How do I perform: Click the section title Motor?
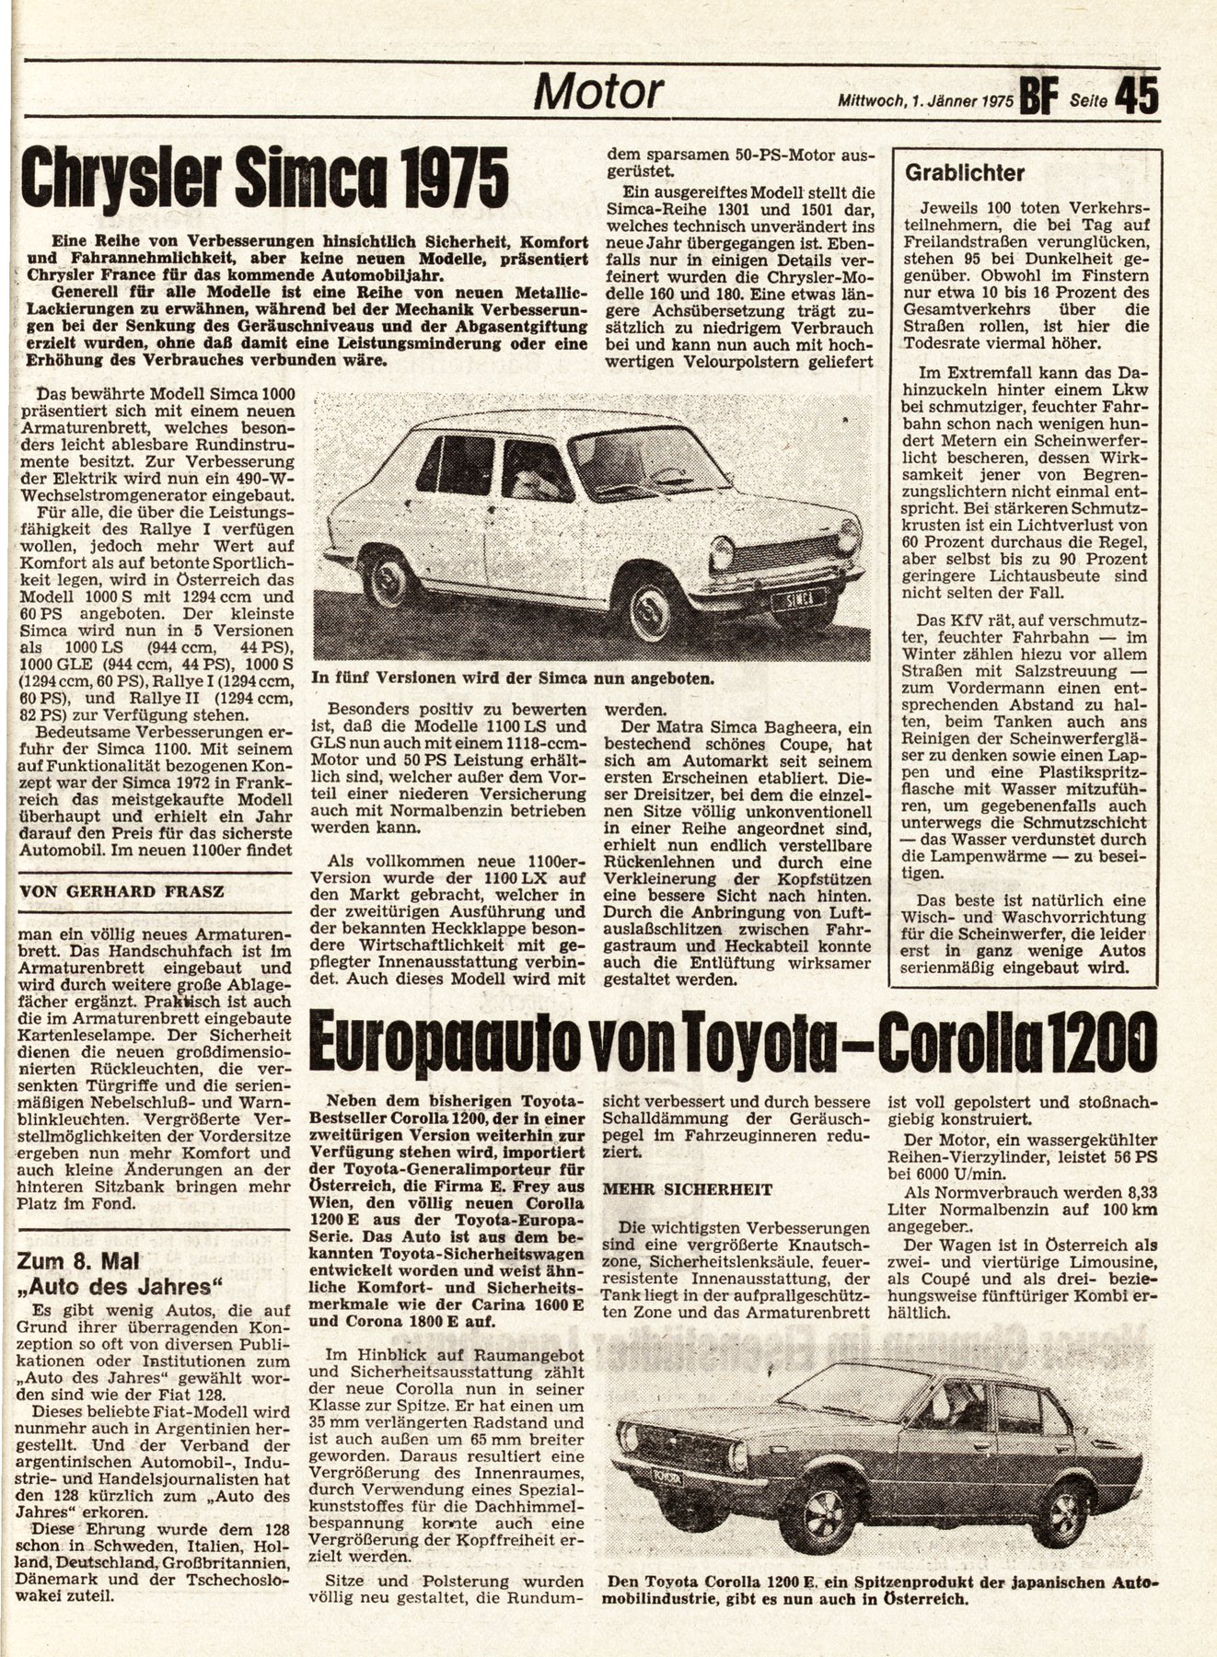coord(599,91)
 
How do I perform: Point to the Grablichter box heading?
coord(965,172)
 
